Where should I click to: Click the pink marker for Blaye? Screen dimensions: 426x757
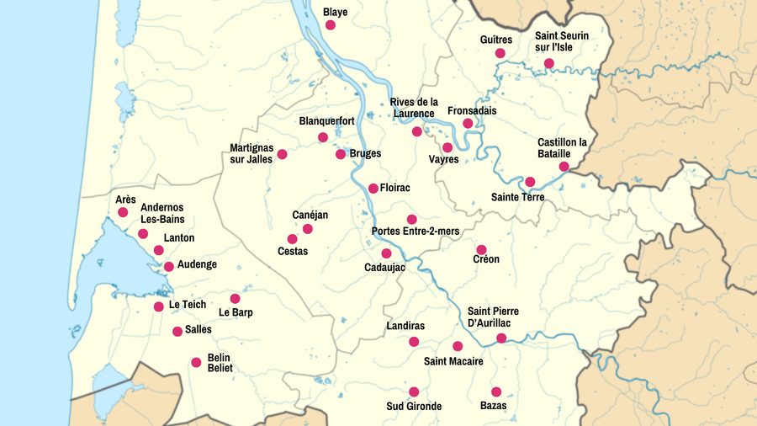click(331, 25)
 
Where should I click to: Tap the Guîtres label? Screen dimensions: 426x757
click(495, 40)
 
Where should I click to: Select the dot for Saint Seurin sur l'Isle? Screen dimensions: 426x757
click(549, 63)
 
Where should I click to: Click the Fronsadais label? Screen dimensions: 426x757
click(472, 110)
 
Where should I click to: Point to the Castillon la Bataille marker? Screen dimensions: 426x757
click(564, 167)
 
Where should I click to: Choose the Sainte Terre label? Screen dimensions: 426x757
click(517, 197)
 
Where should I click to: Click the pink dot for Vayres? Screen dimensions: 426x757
click(447, 147)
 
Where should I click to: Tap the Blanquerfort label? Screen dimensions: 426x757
click(326, 121)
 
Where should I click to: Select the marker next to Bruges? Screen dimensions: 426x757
click(341, 154)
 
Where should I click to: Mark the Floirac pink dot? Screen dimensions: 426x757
click(373, 189)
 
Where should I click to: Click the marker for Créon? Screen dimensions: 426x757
click(481, 250)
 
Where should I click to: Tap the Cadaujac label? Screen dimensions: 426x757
click(384, 267)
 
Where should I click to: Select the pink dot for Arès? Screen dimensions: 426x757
click(123, 212)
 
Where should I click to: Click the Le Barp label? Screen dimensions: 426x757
click(236, 312)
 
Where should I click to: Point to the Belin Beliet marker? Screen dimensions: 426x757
click(196, 363)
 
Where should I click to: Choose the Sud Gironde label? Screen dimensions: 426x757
click(413, 407)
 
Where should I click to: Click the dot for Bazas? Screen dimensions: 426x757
click(496, 391)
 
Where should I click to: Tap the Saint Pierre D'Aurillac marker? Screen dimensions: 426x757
click(501, 338)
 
